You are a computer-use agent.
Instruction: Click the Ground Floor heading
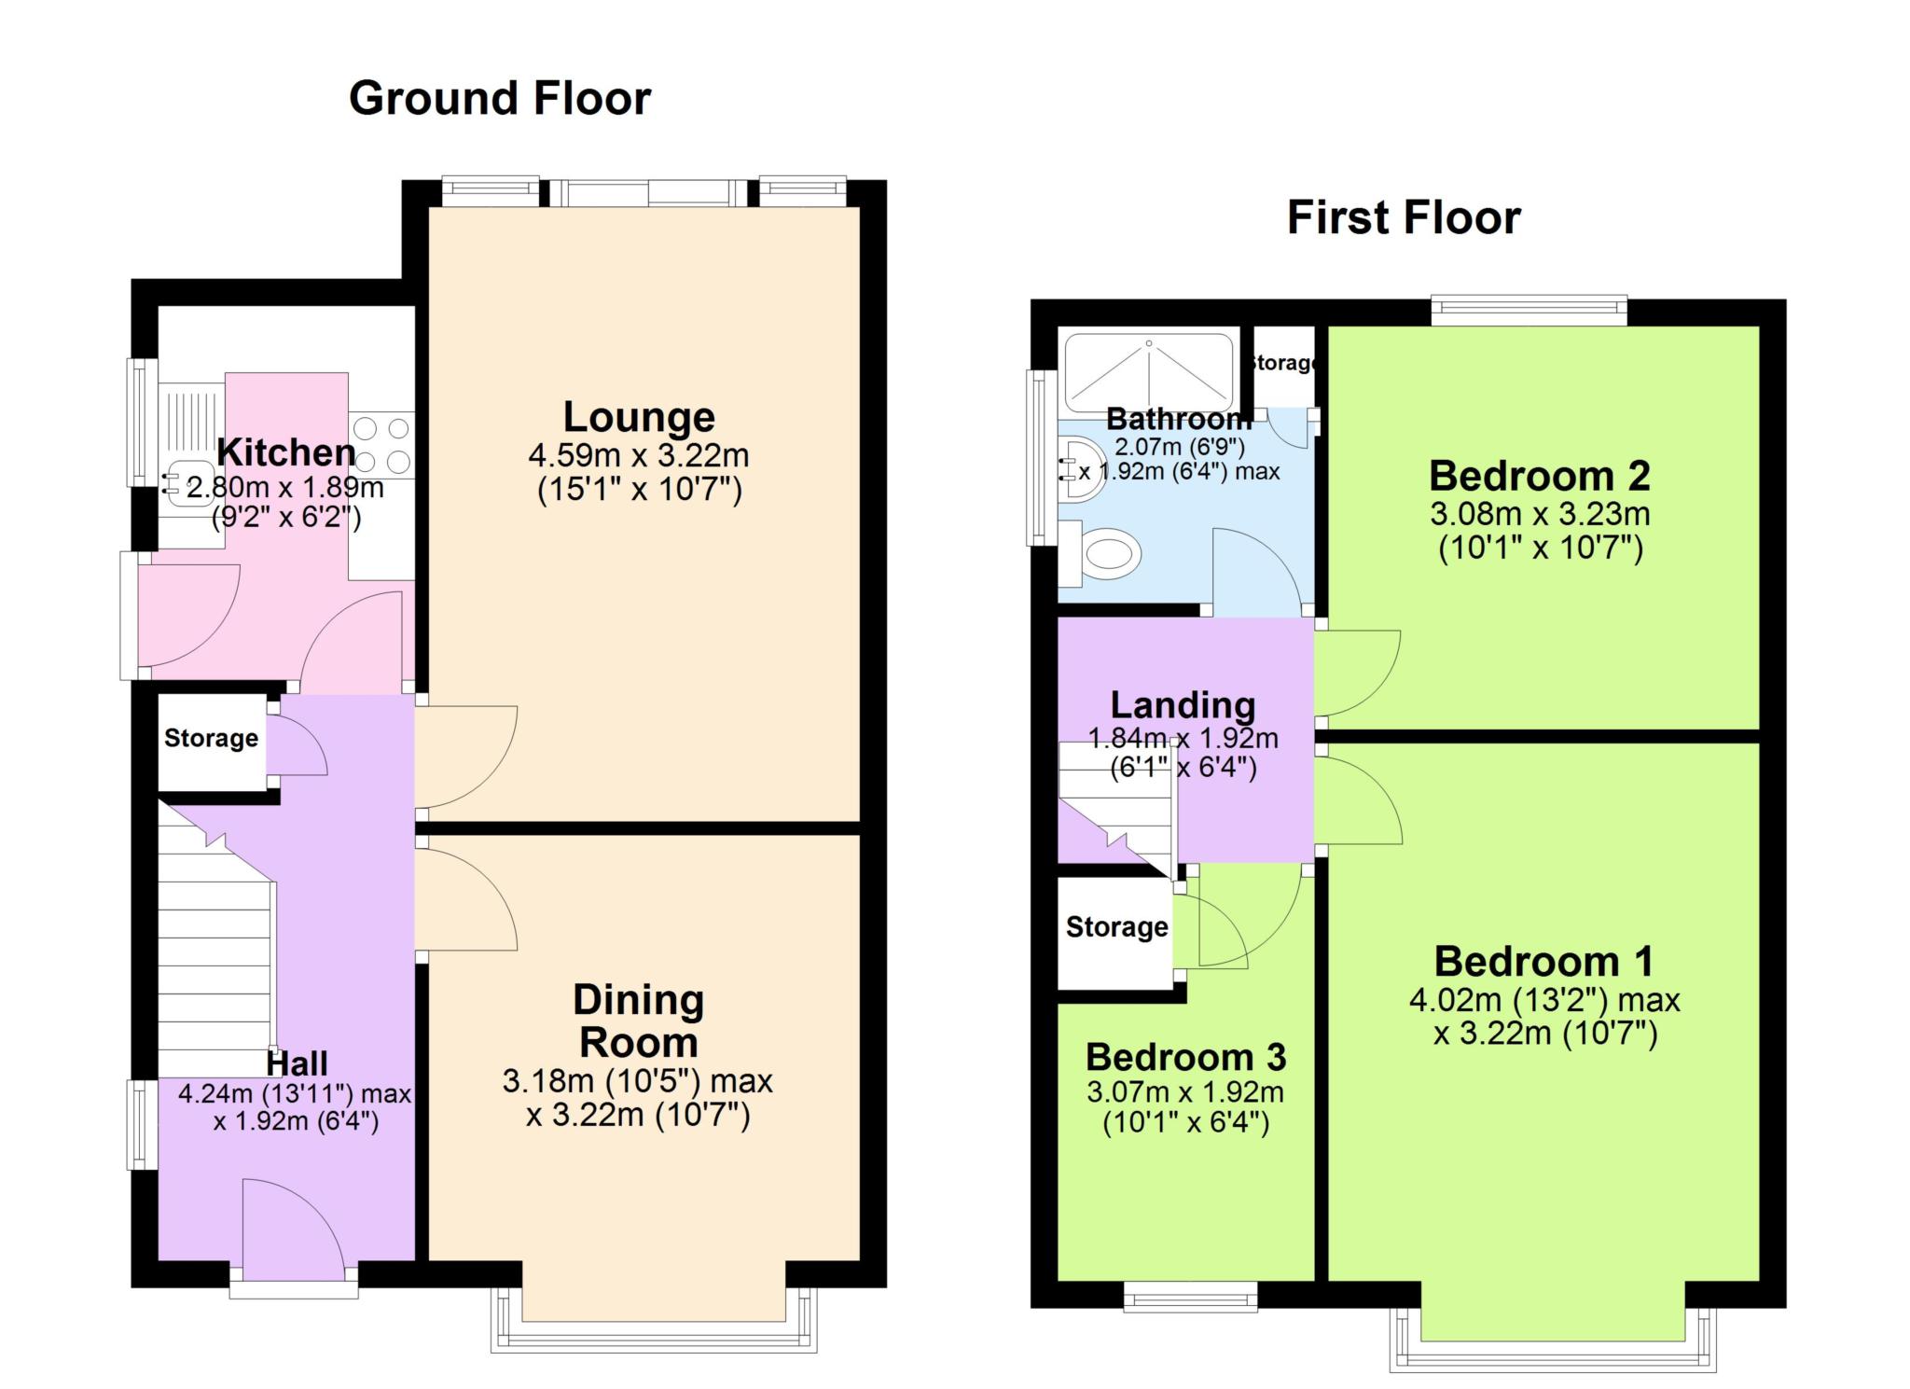coord(500,99)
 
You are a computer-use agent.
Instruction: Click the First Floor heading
coord(1404,218)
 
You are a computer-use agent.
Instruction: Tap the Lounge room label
coord(639,417)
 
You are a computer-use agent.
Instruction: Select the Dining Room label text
coord(639,1021)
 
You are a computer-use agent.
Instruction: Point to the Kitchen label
coord(286,452)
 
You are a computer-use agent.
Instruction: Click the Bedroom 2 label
coord(1540,476)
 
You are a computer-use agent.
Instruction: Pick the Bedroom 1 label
coord(1544,961)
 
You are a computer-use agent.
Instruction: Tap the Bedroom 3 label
coord(1186,1057)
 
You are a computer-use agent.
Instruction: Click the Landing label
coord(1183,705)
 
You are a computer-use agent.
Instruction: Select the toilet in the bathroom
coord(1102,554)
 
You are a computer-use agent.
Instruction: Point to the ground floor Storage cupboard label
coord(212,738)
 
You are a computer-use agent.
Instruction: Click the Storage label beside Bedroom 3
coord(1117,926)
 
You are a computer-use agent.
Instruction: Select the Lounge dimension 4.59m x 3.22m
coord(639,455)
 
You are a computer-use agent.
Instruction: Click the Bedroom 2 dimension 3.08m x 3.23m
coord(1540,514)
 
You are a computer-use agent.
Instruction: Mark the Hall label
coord(298,1063)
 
